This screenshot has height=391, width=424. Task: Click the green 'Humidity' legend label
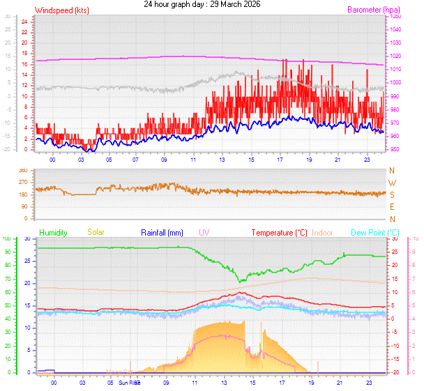(53, 232)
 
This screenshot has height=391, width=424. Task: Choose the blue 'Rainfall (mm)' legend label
(162, 232)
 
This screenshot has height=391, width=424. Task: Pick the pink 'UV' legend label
(204, 232)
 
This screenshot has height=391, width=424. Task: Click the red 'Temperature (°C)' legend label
(279, 232)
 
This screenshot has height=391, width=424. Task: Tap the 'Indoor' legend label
(323, 232)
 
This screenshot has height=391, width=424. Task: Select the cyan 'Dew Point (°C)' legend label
(374, 232)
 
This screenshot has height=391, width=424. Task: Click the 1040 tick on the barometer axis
(395, 29)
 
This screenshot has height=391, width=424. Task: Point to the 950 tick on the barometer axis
(395, 150)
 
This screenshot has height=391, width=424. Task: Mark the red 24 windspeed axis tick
(24, 21)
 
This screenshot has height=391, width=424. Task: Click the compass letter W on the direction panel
(392, 183)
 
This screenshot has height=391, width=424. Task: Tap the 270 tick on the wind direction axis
(23, 183)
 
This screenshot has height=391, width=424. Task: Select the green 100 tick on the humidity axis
(7, 239)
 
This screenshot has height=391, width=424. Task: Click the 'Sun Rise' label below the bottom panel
(129, 383)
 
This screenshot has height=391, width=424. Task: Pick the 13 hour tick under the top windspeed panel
(222, 159)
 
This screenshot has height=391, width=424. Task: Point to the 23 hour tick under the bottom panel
(368, 383)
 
